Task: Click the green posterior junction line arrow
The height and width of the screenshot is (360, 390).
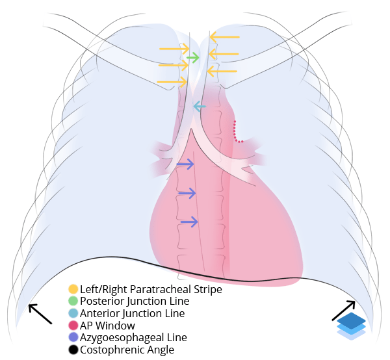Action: pos(192,58)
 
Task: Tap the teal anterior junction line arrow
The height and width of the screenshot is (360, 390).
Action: pos(199,106)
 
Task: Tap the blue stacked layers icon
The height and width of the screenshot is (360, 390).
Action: pos(352,325)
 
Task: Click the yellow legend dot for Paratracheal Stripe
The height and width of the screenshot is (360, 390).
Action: pos(73,289)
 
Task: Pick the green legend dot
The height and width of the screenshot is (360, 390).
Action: pos(73,301)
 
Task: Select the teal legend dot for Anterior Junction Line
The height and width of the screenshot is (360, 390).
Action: pos(73,313)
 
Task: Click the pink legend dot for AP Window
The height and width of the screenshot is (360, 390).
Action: pos(73,326)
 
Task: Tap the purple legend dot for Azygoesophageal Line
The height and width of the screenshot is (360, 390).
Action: pos(73,338)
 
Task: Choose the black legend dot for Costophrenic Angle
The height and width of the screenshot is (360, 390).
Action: pos(73,350)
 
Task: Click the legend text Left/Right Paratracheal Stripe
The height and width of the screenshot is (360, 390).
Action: pos(151,289)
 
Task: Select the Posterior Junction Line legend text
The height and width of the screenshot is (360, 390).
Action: pos(135,301)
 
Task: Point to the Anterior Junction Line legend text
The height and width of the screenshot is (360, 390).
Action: pos(132,313)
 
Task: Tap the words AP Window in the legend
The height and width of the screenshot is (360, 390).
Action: pos(107,326)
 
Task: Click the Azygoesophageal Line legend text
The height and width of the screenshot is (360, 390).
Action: pos(133,338)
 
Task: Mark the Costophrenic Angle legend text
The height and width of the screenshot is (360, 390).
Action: pos(127,350)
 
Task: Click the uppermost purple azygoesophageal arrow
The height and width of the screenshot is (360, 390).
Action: pos(185,164)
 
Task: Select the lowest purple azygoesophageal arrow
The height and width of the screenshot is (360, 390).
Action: pos(188,222)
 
